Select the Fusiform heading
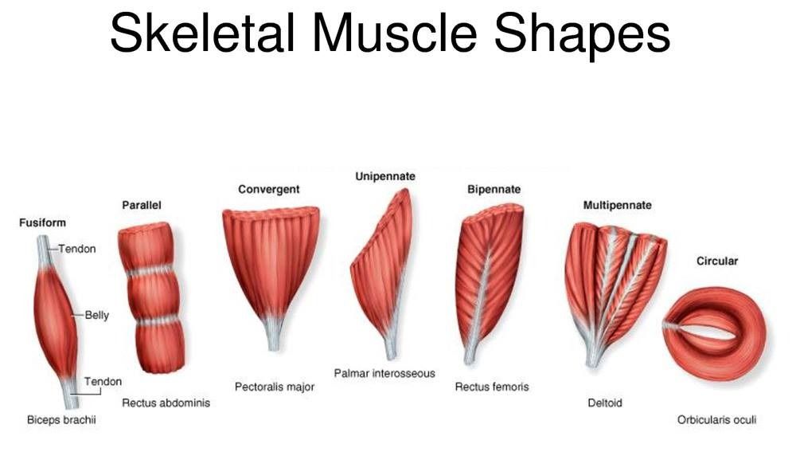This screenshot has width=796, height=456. [x=42, y=222]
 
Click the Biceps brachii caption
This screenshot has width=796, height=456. [x=61, y=420]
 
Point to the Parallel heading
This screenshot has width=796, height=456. [x=142, y=206]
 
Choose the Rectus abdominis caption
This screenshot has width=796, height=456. [x=166, y=403]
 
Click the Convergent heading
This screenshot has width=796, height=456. [x=269, y=189]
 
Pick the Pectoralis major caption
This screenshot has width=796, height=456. [x=275, y=387]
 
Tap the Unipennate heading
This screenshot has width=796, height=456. [x=385, y=176]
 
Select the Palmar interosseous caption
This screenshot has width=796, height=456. [x=384, y=373]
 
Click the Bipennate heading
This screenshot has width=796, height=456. [x=494, y=190]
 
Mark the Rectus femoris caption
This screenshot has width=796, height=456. [x=492, y=387]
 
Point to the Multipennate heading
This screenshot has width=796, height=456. [x=617, y=206]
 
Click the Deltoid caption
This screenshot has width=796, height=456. [x=604, y=403]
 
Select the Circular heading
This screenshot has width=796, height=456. [x=717, y=261]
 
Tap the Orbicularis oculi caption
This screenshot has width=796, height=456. [x=716, y=420]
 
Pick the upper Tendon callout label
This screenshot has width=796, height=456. [x=77, y=249]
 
